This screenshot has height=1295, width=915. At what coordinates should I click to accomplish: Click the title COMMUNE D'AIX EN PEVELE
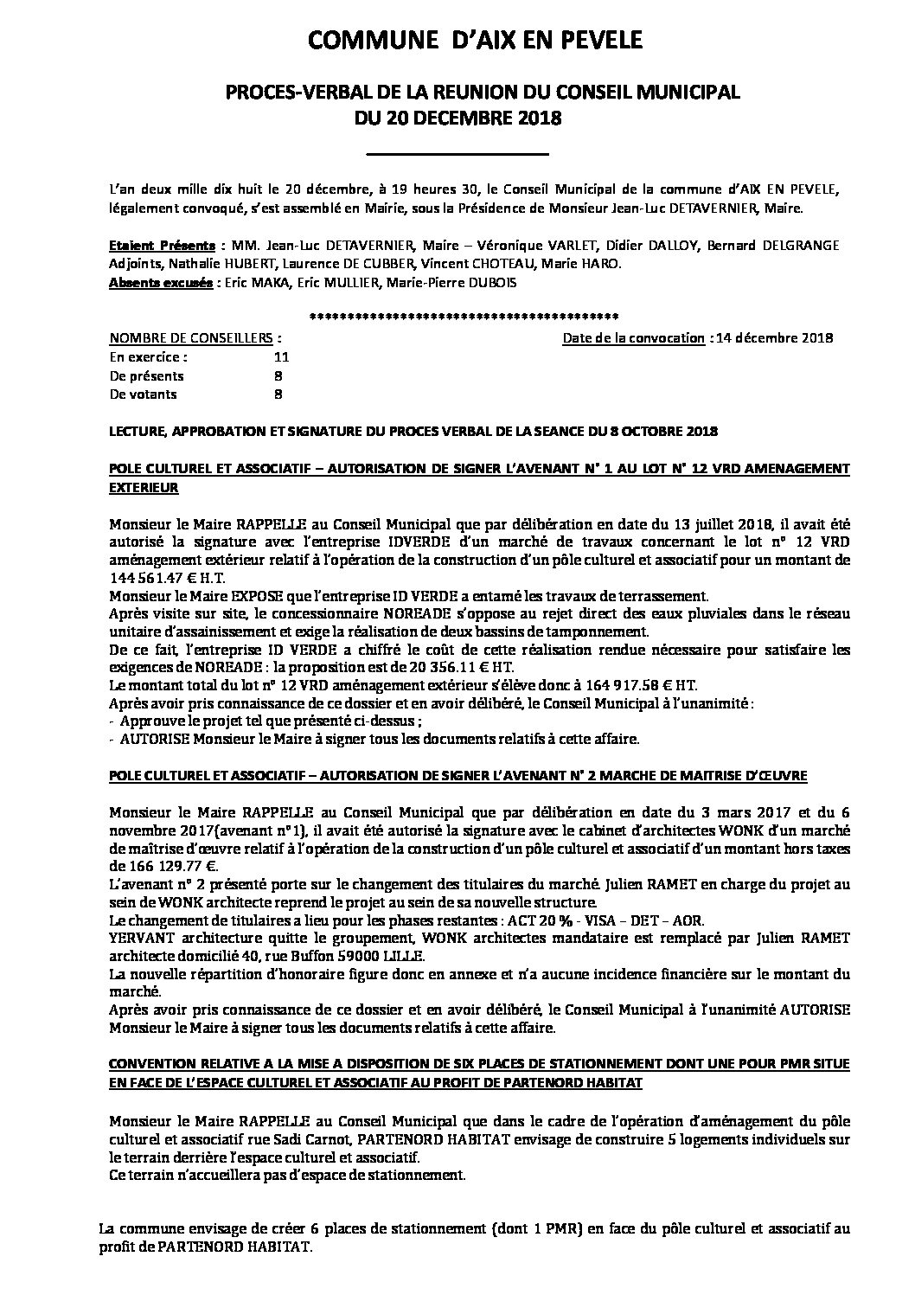pyautogui.click(x=457, y=41)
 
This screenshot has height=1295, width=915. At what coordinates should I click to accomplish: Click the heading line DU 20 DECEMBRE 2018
pyautogui.click(x=457, y=119)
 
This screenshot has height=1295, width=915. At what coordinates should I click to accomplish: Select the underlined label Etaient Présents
pyautogui.click(x=162, y=246)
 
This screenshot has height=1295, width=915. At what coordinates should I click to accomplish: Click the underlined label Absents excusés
pyautogui.click(x=161, y=283)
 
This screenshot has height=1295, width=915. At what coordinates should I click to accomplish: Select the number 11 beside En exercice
pyautogui.click(x=280, y=356)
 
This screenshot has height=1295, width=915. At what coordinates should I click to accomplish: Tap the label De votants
pyautogui.click(x=143, y=394)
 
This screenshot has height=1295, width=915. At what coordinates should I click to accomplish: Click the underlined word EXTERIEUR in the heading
pyautogui.click(x=144, y=487)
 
